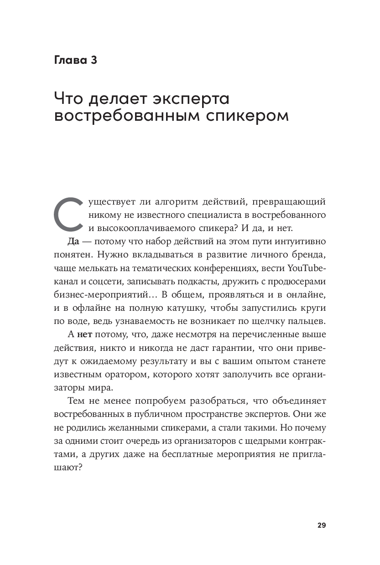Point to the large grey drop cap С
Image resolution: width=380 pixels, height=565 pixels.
click(68, 214)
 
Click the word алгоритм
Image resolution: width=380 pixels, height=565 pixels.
click(175, 201)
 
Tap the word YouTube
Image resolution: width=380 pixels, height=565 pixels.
click(309, 267)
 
